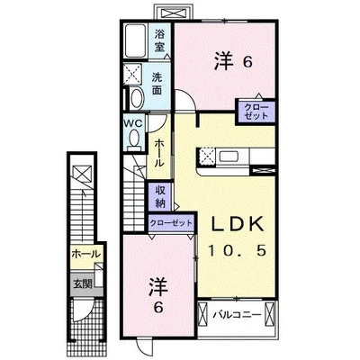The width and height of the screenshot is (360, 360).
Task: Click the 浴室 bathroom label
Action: [159, 40]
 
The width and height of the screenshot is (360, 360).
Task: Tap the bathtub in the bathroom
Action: [135, 40]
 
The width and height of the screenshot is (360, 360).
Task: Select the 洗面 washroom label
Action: [157, 84]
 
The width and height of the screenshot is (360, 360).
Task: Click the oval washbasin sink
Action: [136, 98]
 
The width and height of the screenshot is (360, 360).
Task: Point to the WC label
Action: [134, 123]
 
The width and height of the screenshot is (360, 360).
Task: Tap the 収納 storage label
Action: [160, 196]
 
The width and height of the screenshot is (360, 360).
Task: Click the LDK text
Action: [238, 224]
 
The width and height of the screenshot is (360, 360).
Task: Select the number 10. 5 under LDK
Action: [237, 251]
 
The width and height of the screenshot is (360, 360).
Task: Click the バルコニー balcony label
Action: [237, 315]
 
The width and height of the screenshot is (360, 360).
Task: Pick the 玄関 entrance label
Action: [83, 283]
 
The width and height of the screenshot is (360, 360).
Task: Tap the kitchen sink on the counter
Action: [229, 157]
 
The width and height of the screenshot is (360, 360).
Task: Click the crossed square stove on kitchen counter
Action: [206, 157]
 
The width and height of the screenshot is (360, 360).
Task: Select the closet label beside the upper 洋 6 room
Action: [256, 112]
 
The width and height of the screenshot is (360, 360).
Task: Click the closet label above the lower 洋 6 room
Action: [171, 223]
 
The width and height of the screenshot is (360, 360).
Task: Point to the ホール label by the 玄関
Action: [85, 255]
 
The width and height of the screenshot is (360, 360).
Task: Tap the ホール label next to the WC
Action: [158, 154]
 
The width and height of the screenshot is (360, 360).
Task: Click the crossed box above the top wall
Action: [174, 13]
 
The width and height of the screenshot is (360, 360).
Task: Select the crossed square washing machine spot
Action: [133, 74]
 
